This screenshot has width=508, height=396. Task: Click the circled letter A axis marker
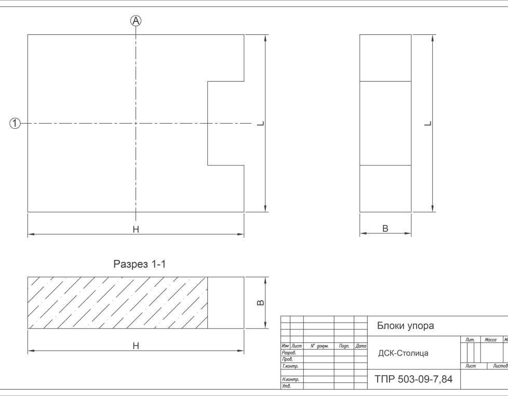pyautogui.click(x=136, y=21)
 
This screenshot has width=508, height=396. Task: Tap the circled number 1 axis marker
pyautogui.click(x=15, y=124)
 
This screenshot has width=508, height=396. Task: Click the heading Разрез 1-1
pyautogui.click(x=139, y=264)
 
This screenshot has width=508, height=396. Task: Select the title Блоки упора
pyautogui.click(x=405, y=325)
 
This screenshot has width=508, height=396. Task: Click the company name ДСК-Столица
pyautogui.click(x=403, y=353)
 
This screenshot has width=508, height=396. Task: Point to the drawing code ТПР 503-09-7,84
pyautogui.click(x=413, y=379)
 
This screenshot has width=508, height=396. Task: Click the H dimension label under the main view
pyautogui.click(x=136, y=229)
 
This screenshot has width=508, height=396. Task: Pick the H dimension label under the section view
pyautogui.click(x=136, y=346)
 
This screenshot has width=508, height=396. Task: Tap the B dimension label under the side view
pyautogui.click(x=385, y=229)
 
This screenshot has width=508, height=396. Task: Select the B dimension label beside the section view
pyautogui.click(x=260, y=302)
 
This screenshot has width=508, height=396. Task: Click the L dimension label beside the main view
pyautogui.click(x=261, y=124)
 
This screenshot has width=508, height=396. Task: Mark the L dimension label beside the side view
pyautogui.click(x=428, y=124)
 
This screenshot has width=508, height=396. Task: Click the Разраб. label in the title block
pyautogui.click(x=289, y=352)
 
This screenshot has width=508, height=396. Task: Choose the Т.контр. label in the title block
pyautogui.click(x=290, y=366)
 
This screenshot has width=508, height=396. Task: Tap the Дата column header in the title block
pyautogui.click(x=360, y=346)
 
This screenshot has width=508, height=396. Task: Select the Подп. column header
pyautogui.click(x=344, y=346)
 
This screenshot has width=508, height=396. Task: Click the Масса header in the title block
pyautogui.click(x=490, y=339)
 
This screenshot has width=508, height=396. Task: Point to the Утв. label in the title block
pyautogui.click(x=286, y=386)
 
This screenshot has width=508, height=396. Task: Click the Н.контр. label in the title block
pyautogui.click(x=290, y=379)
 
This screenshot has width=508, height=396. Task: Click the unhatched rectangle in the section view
pyautogui.click(x=225, y=302)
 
